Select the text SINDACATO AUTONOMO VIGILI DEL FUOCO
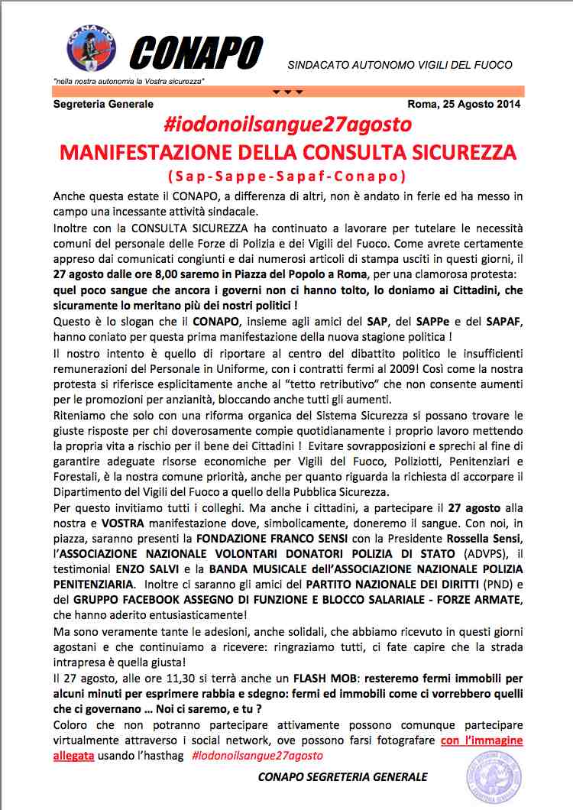pyautogui.click(x=400, y=65)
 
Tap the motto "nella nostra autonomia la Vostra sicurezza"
pyautogui.click(x=131, y=80)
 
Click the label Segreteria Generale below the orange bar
pyautogui.click(x=103, y=105)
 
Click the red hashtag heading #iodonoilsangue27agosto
pyautogui.click(x=286, y=124)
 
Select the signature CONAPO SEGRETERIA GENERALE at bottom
pyautogui.click(x=343, y=777)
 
